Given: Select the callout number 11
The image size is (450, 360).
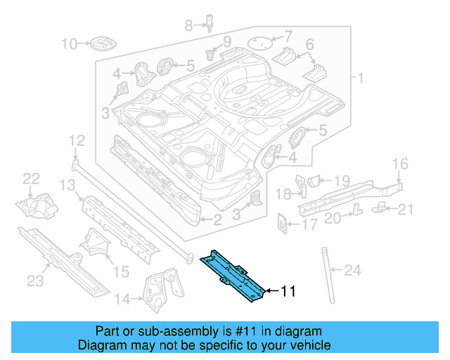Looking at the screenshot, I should [290, 290].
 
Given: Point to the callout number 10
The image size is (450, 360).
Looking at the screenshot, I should [69, 44].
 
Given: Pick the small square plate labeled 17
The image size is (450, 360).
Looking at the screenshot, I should [281, 222].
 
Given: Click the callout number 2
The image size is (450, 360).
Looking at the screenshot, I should [217, 220].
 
